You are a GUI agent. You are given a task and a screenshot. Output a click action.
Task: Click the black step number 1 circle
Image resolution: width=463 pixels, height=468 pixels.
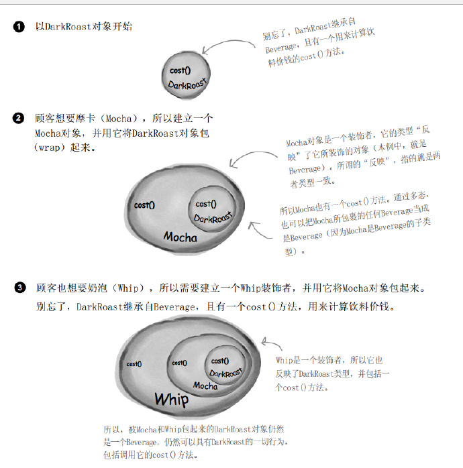[19, 27]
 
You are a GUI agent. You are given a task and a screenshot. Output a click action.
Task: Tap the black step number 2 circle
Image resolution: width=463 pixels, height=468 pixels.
[18, 118]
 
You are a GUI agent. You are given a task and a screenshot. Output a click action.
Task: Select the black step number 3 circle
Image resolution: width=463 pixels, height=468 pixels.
[20, 288]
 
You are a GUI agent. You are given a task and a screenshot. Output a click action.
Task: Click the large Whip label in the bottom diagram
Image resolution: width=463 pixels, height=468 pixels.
[172, 400]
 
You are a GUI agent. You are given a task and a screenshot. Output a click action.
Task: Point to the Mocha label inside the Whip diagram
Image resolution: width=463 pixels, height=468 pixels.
[205, 386]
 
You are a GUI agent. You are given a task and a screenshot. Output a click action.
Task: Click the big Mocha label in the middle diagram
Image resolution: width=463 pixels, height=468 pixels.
[180, 237]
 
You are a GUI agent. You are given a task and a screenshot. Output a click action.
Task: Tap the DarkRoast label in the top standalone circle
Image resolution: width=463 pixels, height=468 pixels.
[187, 84]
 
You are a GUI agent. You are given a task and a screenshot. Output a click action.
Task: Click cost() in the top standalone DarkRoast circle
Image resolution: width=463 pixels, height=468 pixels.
[180, 70]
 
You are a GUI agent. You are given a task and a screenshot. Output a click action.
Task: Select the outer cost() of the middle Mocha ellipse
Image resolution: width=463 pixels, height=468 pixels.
[144, 205]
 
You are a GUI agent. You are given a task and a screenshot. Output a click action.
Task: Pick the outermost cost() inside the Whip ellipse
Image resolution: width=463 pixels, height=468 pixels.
[134, 364]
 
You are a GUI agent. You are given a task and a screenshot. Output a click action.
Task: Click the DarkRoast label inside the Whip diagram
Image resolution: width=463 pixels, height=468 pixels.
[226, 373]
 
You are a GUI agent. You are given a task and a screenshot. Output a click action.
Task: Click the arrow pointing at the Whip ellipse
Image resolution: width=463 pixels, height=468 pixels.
[271, 343]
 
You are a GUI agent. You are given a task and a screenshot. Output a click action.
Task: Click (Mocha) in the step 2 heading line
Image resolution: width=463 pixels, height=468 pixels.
[119, 119]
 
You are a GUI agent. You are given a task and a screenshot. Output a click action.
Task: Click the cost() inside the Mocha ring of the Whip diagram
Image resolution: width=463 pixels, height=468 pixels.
[180, 363]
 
